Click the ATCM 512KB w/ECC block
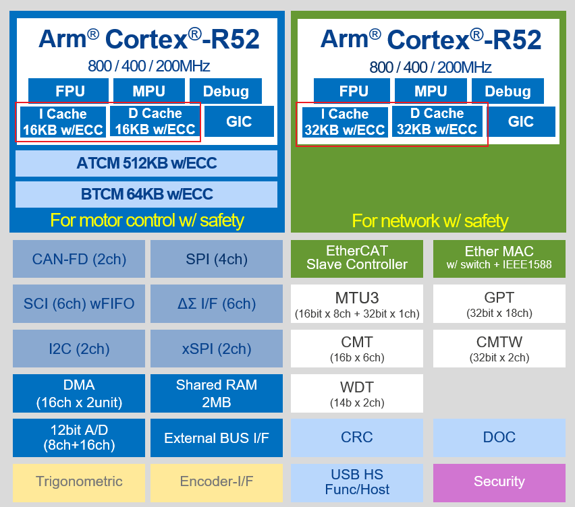(x=146, y=163)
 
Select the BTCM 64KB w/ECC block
(x=146, y=194)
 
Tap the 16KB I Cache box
(x=63, y=122)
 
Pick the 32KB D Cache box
(x=437, y=122)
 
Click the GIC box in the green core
(x=521, y=122)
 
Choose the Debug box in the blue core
(x=225, y=91)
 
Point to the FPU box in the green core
(x=354, y=91)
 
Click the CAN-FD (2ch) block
(x=79, y=259)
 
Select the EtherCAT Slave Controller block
(x=357, y=258)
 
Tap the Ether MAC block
(x=499, y=258)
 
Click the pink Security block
(x=499, y=481)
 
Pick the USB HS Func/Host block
(x=357, y=481)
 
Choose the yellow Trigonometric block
(x=79, y=481)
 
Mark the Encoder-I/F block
(x=217, y=481)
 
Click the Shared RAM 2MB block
(x=217, y=393)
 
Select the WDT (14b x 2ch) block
(x=357, y=393)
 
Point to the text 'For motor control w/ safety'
(x=146, y=220)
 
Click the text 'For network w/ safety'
(x=429, y=220)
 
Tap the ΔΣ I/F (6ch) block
(x=217, y=303)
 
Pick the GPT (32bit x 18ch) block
(x=499, y=303)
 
